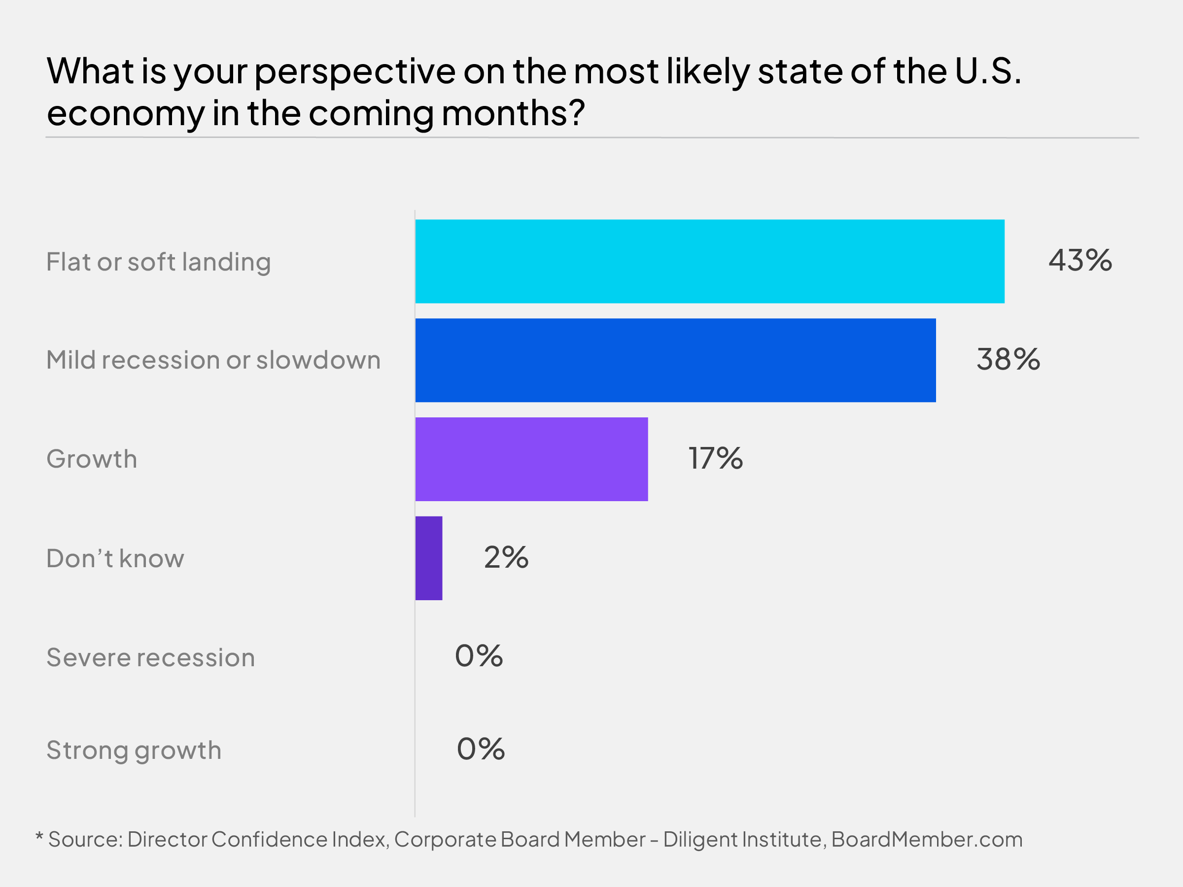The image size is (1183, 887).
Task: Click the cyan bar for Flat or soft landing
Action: (710, 262)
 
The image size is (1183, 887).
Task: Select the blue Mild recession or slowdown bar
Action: (675, 360)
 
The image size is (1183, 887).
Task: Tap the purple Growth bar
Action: (531, 459)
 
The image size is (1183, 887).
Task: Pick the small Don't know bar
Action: (429, 558)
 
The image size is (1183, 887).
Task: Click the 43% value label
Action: (1080, 261)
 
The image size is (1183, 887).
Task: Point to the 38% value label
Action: (1008, 359)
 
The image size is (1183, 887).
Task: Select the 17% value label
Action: (715, 459)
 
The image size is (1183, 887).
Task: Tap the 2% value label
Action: (506, 558)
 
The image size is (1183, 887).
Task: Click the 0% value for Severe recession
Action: (479, 656)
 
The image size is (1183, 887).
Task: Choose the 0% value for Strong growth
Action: (480, 749)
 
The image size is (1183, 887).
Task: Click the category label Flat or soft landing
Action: (158, 263)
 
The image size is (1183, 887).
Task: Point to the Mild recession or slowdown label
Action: (213, 360)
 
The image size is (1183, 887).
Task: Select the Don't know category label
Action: (115, 559)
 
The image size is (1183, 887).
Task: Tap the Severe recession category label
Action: (150, 658)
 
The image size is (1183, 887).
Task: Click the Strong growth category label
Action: (134, 751)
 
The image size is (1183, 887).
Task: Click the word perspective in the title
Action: (354, 72)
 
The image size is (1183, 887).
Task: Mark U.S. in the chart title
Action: (988, 71)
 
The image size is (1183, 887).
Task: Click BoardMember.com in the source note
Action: (926, 840)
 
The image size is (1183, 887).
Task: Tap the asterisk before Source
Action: (39, 836)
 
